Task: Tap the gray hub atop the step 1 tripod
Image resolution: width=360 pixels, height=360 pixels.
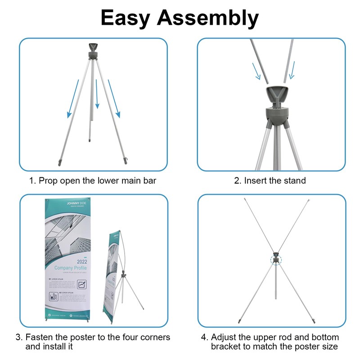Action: tap(94, 51)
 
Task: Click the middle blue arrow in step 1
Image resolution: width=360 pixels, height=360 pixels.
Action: tap(97, 94)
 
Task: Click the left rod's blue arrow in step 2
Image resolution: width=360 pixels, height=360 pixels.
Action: tap(256, 70)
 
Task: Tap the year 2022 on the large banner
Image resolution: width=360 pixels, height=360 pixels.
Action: tap(83, 261)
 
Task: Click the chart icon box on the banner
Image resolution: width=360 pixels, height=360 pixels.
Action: tap(81, 284)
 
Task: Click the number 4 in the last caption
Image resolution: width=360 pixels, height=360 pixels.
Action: tap(204, 337)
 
